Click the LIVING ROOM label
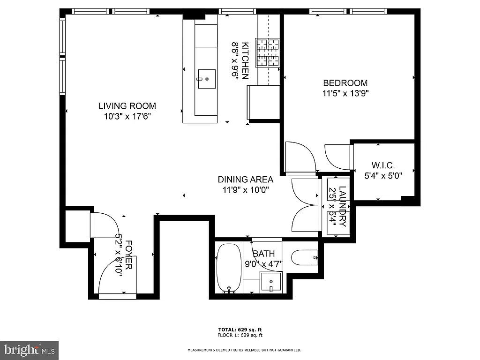point(127,106)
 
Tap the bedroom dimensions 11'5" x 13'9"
point(345,93)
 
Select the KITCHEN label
point(245,60)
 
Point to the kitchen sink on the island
point(206,79)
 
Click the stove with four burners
point(267,52)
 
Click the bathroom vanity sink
point(270,282)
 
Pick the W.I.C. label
point(383,165)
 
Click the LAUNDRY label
point(343,206)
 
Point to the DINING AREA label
point(245,180)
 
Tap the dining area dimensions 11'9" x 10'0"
point(245,190)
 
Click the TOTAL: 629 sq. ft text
point(240,330)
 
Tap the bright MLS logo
point(29,350)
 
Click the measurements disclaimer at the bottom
point(244,350)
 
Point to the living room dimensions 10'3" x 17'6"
point(127,116)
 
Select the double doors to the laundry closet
point(304,205)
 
